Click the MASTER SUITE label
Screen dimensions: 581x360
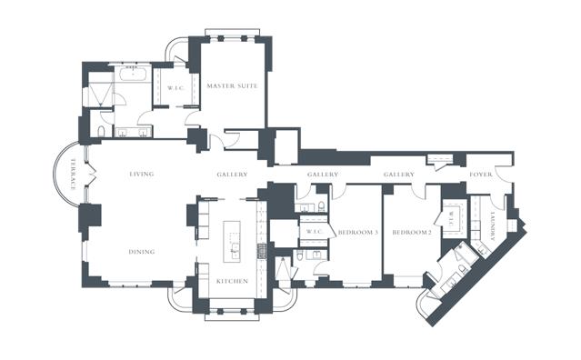point(233,86)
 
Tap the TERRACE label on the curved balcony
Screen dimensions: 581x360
point(73,175)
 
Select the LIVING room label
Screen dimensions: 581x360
point(142,174)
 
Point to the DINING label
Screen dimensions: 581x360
point(142,252)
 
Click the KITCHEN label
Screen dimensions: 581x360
point(233,282)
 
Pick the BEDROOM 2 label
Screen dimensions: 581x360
point(412,233)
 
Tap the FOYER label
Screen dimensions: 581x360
point(481,174)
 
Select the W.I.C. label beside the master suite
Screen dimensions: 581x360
point(175,88)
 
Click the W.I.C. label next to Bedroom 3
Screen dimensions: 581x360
point(315,232)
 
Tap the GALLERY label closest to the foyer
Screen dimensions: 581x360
point(398,174)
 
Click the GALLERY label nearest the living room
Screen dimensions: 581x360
point(233,174)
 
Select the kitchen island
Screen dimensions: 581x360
point(232,242)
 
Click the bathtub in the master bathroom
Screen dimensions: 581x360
point(133,74)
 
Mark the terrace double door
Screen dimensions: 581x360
point(91,174)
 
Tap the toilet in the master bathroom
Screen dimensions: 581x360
point(101,131)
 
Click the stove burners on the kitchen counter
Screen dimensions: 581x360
point(262,251)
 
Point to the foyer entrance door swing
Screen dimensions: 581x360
point(502,174)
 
